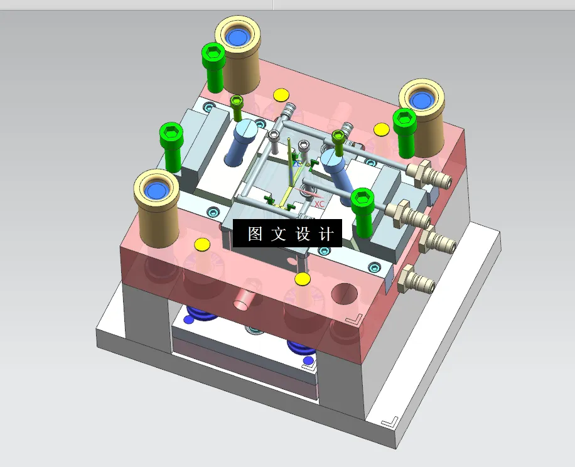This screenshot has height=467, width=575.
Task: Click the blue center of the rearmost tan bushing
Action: click(x=238, y=37)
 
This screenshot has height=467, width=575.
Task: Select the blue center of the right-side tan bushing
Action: click(x=421, y=99)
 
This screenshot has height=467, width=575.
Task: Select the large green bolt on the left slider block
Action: click(x=171, y=145)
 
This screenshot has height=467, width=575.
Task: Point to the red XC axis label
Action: click(x=319, y=204)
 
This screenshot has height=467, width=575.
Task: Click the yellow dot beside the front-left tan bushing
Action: click(x=202, y=244)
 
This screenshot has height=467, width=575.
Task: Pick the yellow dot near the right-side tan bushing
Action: click(x=381, y=130)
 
